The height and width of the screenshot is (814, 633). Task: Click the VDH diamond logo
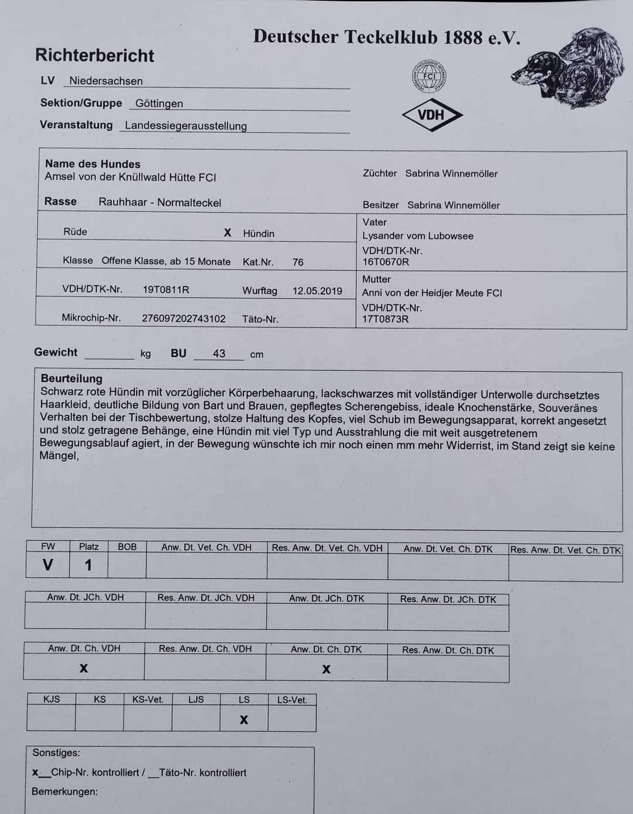click(432, 115)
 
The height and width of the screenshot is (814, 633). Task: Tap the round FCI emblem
click(429, 76)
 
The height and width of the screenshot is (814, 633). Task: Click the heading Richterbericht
click(94, 55)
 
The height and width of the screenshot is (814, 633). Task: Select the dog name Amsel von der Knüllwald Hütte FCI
click(130, 177)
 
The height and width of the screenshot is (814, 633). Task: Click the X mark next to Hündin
click(227, 233)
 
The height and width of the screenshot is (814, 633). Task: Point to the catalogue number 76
click(298, 262)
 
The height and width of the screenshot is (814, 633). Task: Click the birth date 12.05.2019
click(317, 291)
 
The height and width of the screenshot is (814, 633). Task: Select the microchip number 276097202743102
click(183, 318)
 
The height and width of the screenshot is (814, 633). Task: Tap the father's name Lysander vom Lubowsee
click(417, 236)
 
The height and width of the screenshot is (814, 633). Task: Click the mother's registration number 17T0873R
click(385, 319)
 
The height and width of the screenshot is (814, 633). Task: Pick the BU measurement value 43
click(219, 353)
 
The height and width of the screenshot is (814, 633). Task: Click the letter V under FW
click(47, 565)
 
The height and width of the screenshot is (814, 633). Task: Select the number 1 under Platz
click(89, 565)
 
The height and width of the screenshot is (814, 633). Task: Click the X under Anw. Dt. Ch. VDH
click(84, 668)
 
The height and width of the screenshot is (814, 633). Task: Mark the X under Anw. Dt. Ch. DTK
click(326, 669)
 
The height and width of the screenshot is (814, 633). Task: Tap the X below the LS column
click(244, 720)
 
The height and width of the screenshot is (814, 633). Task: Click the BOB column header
click(127, 547)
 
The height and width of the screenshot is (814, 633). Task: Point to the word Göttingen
click(159, 104)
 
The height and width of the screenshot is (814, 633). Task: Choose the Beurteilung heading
click(72, 379)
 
